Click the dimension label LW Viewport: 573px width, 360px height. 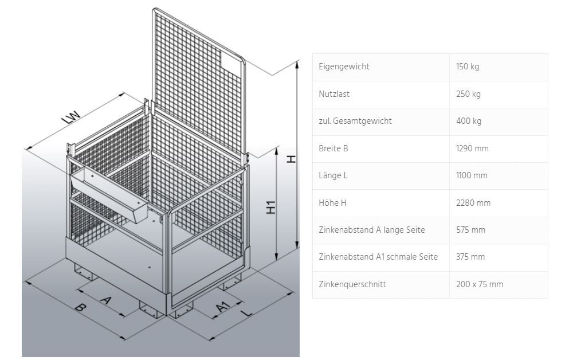point(72,116)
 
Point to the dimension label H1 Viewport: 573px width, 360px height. point(271,207)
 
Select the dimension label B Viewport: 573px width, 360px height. point(80,307)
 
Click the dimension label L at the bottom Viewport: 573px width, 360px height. point(248,313)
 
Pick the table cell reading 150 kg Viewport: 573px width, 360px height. point(468,66)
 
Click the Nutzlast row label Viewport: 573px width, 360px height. point(334,94)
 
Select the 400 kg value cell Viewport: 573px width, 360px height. point(469,121)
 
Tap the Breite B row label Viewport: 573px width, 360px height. point(333,148)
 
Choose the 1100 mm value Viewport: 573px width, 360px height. point(472,175)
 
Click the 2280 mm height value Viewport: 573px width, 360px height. point(473,203)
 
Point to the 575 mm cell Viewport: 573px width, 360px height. point(470,230)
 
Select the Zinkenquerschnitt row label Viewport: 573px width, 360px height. point(352,284)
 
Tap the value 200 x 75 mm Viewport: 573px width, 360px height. point(480,284)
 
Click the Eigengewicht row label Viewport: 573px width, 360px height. point(344,66)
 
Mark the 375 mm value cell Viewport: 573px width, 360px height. point(470,257)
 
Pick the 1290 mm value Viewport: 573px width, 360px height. point(472,148)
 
